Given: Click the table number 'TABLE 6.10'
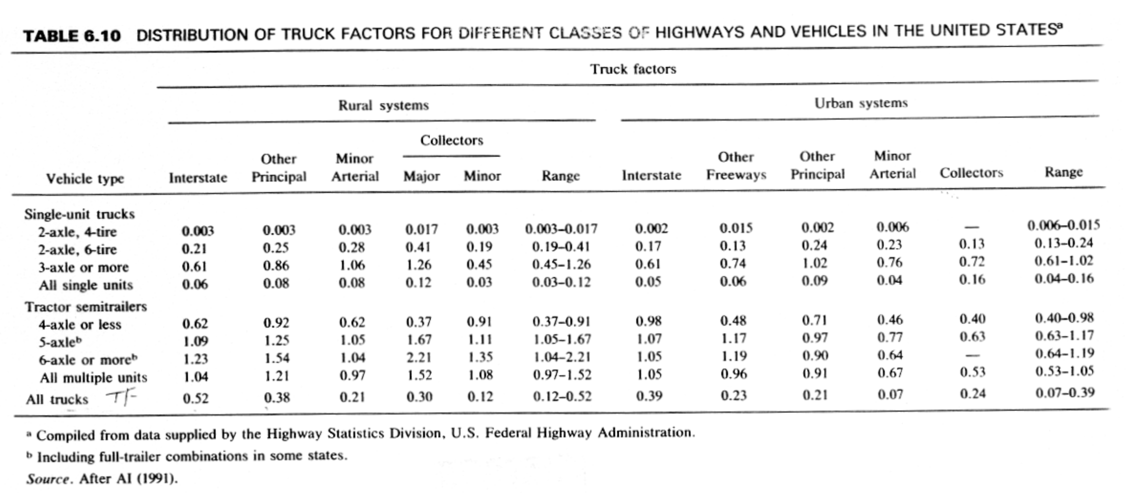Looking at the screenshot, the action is tap(72, 36).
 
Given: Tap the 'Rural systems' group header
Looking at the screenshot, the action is tap(384, 105).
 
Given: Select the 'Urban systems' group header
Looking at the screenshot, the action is tap(861, 103).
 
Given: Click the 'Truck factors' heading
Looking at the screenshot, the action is tap(633, 69).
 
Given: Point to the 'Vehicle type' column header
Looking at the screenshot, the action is tap(85, 179).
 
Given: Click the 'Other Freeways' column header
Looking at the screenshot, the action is tap(736, 166).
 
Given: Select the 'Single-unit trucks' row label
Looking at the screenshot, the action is tap(79, 214).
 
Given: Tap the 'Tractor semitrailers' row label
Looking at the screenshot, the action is tap(86, 307).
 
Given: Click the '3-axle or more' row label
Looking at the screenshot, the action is tap(84, 267).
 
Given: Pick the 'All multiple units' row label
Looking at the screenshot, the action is tap(94, 378).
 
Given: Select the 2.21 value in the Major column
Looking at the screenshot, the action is tap(419, 358).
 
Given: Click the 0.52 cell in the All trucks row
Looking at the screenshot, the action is tap(196, 398).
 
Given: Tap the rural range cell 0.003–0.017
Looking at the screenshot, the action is tap(561, 228).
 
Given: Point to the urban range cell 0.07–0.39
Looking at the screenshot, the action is tap(1065, 393).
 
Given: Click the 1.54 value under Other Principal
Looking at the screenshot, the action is tap(276, 358).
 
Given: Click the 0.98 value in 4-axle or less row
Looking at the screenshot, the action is tap(649, 321).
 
